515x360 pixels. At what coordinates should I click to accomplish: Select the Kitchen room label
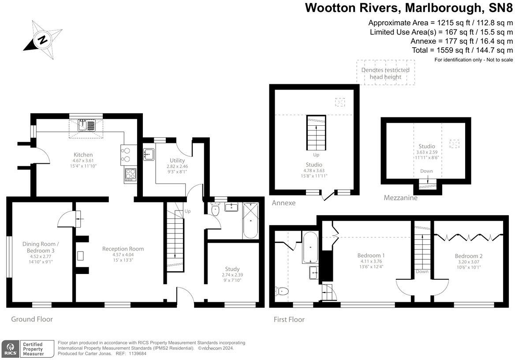pyautogui.click(x=83, y=154)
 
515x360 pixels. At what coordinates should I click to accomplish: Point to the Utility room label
pyautogui.click(x=177, y=161)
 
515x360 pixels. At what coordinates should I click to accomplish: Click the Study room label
pyautogui.click(x=232, y=269)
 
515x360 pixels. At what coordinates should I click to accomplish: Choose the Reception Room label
pyautogui.click(x=123, y=249)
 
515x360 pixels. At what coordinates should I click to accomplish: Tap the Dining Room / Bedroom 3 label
pyautogui.click(x=41, y=247)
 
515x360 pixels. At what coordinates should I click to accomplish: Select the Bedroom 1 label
pyautogui.click(x=371, y=255)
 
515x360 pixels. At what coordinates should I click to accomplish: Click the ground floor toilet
pyautogui.click(x=215, y=210)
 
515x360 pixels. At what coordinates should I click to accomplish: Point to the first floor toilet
pyautogui.click(x=282, y=291)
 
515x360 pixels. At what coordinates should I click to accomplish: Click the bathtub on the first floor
pyautogui.click(x=310, y=247)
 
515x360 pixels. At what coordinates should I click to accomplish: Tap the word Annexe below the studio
pyautogui.click(x=283, y=203)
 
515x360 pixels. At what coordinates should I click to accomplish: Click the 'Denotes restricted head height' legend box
pyautogui.click(x=386, y=73)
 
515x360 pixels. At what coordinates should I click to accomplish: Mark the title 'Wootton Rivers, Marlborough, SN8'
pyautogui.click(x=409, y=7)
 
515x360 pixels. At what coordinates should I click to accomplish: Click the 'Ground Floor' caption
pyautogui.click(x=32, y=319)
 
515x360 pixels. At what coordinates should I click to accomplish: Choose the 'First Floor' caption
pyautogui.click(x=289, y=319)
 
